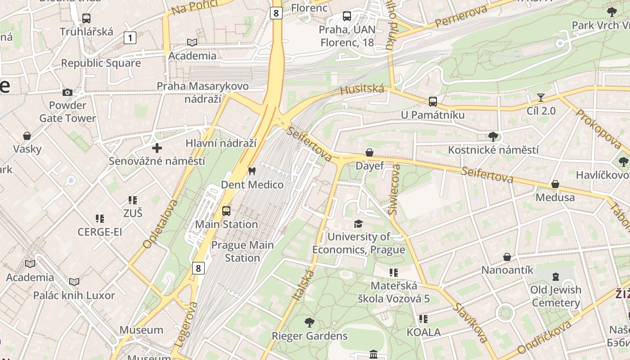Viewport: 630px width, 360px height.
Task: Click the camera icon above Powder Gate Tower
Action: point(67,93)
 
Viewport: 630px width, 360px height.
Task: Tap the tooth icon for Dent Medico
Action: point(252,171)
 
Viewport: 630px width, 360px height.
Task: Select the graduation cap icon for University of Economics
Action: point(358,224)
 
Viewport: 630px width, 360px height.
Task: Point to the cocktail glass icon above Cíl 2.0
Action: point(541,98)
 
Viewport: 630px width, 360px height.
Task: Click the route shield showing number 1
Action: point(130,38)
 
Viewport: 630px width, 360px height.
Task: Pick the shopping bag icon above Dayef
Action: point(369,153)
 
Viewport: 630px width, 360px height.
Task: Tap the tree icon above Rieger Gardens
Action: point(309,322)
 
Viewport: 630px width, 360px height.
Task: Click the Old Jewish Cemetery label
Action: point(556,296)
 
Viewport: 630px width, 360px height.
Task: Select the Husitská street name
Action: point(362,90)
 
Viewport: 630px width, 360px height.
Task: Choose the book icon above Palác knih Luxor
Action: point(74,282)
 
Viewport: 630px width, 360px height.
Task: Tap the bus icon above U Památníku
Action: point(432,102)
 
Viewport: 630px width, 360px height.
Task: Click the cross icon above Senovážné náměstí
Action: point(157,148)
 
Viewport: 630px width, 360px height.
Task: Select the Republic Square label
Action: point(101,63)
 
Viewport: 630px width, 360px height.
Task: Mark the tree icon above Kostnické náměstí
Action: point(493,136)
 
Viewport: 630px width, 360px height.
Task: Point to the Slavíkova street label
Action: point(470,323)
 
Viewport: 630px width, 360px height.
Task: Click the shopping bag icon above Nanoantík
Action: point(507,257)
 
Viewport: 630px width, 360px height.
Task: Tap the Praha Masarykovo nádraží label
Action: point(202,92)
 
